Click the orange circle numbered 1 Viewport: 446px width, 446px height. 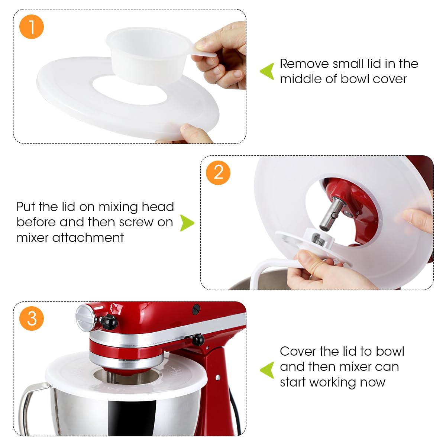[x=32, y=27]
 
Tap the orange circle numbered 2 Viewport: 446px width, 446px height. [x=218, y=173]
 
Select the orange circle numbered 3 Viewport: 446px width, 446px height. [x=32, y=319]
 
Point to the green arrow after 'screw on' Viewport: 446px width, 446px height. [x=187, y=223]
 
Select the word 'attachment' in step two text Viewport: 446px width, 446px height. [x=88, y=237]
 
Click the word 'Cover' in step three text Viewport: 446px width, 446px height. [x=297, y=351]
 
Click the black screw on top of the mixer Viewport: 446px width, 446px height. [x=196, y=308]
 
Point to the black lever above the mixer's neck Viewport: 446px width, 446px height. [x=197, y=339]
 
